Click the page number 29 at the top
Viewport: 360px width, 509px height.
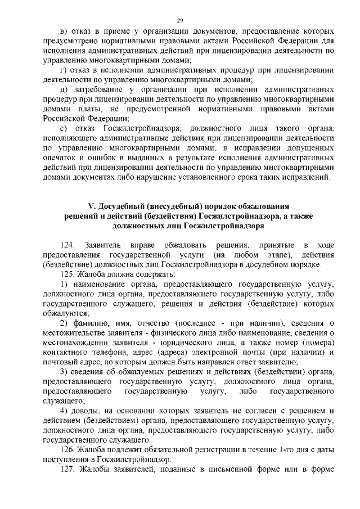pos(180,20)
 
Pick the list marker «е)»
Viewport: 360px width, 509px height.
pos(63,128)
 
